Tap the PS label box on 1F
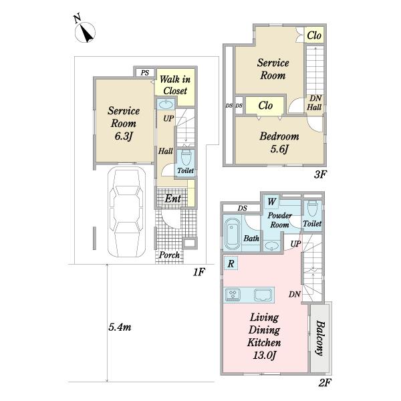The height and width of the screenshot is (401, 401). [145, 73]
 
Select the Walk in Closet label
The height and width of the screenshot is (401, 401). [175, 85]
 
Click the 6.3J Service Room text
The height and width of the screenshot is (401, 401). [124, 123]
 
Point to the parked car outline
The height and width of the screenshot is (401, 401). [126, 212]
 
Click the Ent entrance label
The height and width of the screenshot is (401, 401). [173, 198]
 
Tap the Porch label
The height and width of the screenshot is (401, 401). [169, 255]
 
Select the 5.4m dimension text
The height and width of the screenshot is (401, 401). [120, 327]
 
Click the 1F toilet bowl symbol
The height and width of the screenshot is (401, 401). [186, 157]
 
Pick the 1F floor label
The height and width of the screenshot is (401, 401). [198, 272]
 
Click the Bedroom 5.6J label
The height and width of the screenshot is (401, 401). [279, 142]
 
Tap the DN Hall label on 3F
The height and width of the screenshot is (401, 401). [314, 102]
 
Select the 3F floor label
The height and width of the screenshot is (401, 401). [320, 174]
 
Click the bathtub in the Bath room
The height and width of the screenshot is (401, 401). [232, 233]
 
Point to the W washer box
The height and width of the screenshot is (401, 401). [271, 202]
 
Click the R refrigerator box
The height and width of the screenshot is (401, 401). [231, 263]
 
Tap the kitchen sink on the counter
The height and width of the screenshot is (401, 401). [263, 295]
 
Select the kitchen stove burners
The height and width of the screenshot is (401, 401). [233, 294]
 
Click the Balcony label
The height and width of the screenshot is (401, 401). [320, 338]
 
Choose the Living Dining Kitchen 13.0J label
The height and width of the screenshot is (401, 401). [264, 336]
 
